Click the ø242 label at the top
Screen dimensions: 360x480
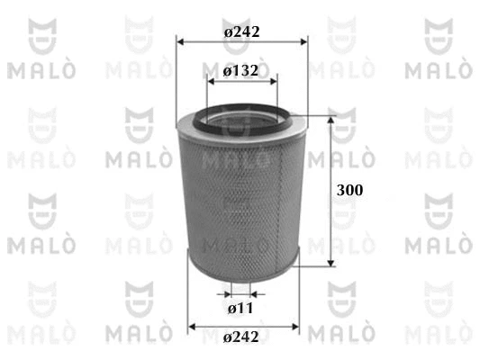(x=241, y=31)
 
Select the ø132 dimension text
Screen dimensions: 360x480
(x=241, y=71)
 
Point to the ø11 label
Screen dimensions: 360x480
(x=239, y=309)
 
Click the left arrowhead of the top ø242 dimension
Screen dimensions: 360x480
(x=181, y=41)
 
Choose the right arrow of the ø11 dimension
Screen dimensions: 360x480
(x=258, y=292)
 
